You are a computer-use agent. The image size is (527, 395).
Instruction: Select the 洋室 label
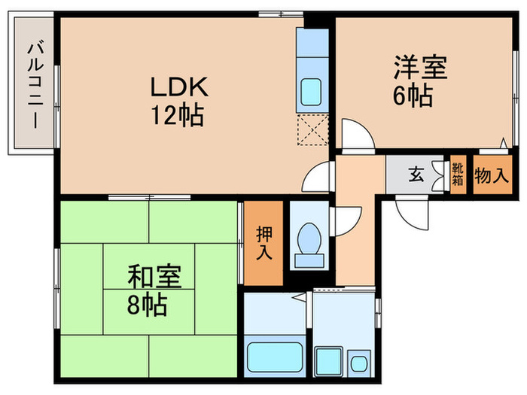coord(420,67)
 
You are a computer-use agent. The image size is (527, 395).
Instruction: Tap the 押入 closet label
coord(263,243)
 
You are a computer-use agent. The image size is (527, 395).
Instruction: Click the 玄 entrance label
coord(416,176)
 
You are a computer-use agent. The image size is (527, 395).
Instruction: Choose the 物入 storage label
coord(492,176)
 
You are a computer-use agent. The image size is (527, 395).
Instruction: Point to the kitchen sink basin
coord(312,93)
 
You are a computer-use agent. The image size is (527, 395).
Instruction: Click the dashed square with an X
coord(312,129)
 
